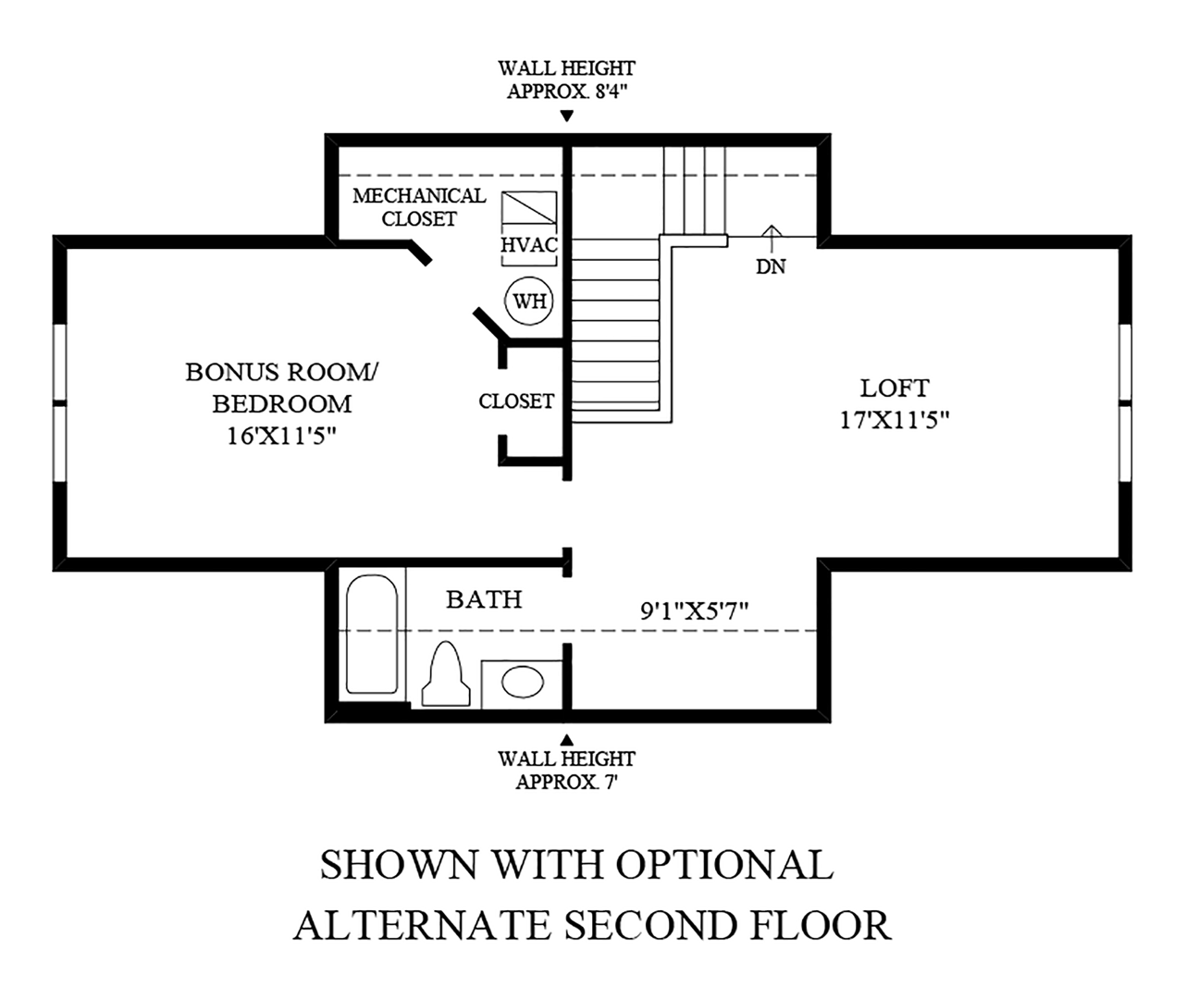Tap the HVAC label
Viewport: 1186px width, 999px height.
[x=529, y=245]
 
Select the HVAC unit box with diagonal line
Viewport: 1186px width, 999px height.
[x=529, y=208]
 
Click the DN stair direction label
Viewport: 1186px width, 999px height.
[x=771, y=266]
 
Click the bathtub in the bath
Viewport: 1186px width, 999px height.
[x=372, y=635]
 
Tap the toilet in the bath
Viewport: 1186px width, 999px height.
[x=446, y=674]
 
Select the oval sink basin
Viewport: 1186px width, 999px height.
[x=523, y=682]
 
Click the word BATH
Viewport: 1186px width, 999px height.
[x=484, y=599]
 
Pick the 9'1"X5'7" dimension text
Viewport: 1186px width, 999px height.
[x=694, y=611]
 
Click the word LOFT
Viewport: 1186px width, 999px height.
[x=895, y=388]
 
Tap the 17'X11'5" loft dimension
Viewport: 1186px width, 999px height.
[x=895, y=420]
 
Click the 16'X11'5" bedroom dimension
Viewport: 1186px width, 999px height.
[x=282, y=437]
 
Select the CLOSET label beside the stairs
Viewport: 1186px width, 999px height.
[x=516, y=401]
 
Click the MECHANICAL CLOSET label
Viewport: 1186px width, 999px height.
[x=419, y=207]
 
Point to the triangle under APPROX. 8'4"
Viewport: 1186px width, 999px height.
[x=566, y=116]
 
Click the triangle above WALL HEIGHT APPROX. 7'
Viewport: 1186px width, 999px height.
[x=566, y=739]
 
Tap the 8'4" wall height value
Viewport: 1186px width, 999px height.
[x=612, y=91]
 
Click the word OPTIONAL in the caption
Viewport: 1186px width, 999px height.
[x=724, y=864]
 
